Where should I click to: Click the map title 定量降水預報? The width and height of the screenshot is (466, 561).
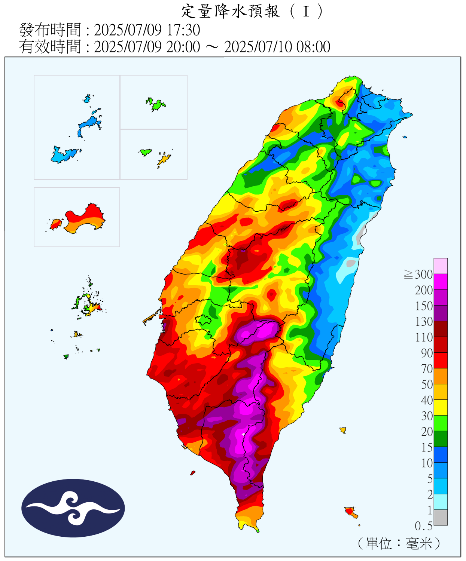[x=230, y=11]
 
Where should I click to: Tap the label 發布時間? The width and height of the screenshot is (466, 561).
[x=50, y=30]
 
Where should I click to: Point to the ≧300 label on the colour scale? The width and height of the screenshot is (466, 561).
[x=418, y=275]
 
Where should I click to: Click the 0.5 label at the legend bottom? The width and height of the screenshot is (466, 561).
[x=423, y=526]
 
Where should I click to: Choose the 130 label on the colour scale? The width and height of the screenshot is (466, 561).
[x=424, y=322]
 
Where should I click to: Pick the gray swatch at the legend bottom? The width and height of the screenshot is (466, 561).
[x=441, y=517]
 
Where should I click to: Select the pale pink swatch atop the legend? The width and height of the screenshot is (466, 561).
[x=441, y=266]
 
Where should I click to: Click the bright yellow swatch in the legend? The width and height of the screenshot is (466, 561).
[x=441, y=407]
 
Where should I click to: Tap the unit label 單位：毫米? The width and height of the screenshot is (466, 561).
[x=399, y=543]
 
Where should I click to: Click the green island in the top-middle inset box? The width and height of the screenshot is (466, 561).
[x=156, y=104]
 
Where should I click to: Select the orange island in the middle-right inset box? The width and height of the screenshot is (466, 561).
[x=164, y=160]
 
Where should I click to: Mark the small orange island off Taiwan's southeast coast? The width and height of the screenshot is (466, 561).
[x=342, y=430]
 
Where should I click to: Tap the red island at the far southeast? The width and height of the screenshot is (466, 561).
[x=350, y=511]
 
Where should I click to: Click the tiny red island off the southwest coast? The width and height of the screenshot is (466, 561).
[x=192, y=473]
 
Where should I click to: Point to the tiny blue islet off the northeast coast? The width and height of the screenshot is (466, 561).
[x=405, y=137]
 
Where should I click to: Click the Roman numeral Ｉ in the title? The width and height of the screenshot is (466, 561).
[x=306, y=11]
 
